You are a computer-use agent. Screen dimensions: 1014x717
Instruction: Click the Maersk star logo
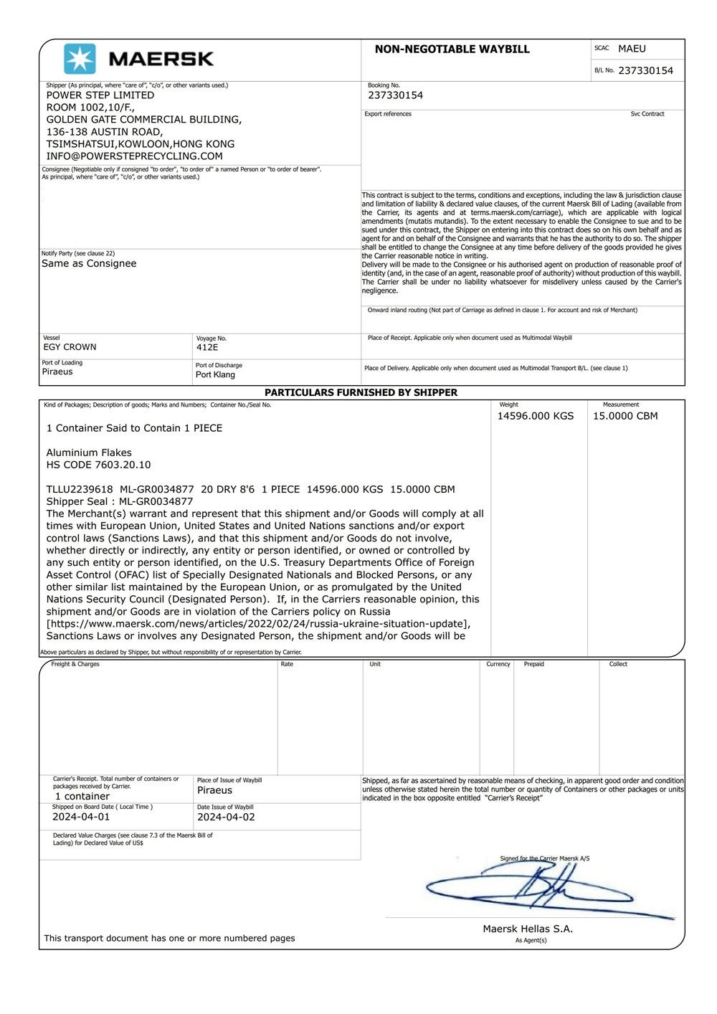point(80,59)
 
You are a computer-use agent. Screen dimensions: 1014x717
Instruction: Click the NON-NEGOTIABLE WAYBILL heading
point(452,49)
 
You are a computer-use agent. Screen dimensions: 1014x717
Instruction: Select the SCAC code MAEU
point(632,49)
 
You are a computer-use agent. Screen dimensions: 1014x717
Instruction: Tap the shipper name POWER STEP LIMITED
point(100,95)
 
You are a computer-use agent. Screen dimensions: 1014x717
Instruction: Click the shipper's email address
point(134,156)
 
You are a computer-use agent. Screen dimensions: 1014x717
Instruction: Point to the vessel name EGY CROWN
point(70,347)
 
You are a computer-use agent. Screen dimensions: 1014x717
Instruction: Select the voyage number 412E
point(207,347)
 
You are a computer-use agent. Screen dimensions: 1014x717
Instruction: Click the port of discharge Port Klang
point(215,374)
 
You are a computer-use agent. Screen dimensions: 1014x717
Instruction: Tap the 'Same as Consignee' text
point(89,263)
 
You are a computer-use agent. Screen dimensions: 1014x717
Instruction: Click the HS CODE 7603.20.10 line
point(98,465)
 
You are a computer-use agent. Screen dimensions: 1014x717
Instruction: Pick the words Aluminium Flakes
point(89,452)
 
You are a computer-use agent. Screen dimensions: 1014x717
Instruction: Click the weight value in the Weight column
point(536,416)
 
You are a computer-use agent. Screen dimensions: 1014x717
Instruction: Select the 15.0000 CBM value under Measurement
point(625,416)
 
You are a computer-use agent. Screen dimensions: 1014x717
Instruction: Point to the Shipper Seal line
point(120,501)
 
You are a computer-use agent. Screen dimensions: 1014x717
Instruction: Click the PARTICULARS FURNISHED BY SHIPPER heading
point(361,392)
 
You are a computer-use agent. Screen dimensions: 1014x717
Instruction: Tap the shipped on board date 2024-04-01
point(81,817)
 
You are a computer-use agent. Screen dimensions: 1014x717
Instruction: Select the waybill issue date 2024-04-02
point(226,817)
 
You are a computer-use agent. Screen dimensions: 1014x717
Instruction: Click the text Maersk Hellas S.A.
point(528,929)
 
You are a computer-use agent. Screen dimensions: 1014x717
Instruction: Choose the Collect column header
point(618,664)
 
